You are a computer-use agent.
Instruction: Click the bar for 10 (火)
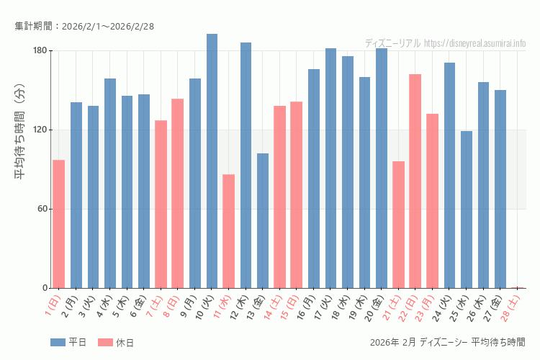coord(212,161)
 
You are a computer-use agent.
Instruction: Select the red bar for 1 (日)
coord(58,224)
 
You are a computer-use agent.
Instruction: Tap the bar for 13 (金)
coord(263,220)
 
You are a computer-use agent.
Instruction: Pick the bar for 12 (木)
coord(246,165)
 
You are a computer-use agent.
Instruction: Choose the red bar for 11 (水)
coord(228,231)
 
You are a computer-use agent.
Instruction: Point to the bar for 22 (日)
coord(415,181)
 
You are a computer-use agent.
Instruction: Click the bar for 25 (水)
coord(467,210)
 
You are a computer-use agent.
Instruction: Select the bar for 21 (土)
coord(398,225)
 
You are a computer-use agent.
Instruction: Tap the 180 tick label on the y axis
coord(39,50)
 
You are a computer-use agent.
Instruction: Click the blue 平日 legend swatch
coord(58,343)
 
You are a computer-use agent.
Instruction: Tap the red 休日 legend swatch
coord(105,343)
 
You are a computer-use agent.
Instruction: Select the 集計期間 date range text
coord(84,27)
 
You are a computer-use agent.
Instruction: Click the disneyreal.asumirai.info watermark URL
coord(474,43)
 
